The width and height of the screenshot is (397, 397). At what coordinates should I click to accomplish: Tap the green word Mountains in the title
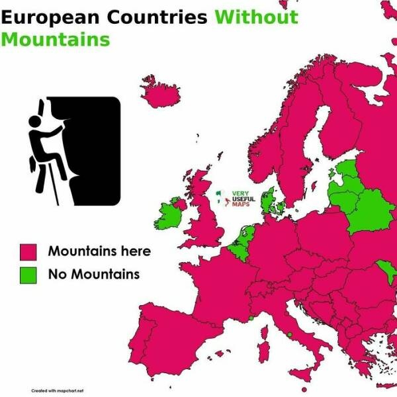55,39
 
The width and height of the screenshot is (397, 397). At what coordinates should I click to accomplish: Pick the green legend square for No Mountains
28,274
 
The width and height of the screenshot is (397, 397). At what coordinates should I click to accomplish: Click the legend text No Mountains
93,274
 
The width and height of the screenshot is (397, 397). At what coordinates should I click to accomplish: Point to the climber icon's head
34,122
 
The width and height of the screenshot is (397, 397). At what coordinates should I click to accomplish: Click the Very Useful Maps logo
235,198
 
